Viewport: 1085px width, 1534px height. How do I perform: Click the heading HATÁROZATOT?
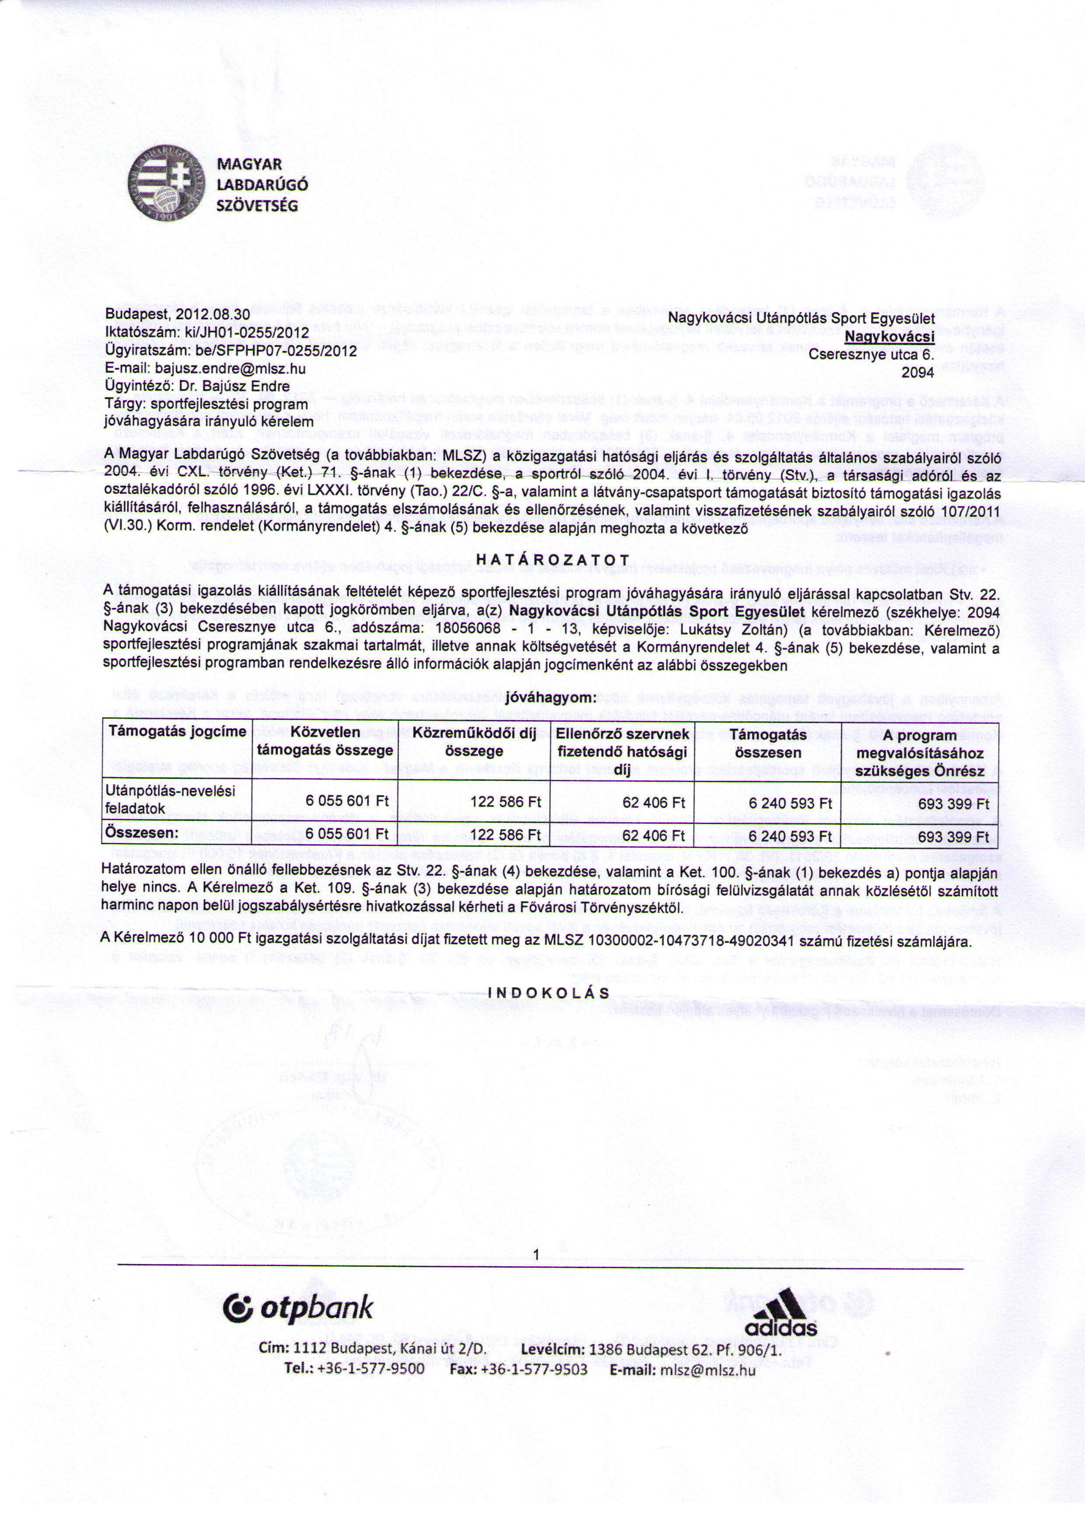click(553, 559)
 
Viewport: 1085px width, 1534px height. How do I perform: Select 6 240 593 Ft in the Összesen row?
click(791, 836)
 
